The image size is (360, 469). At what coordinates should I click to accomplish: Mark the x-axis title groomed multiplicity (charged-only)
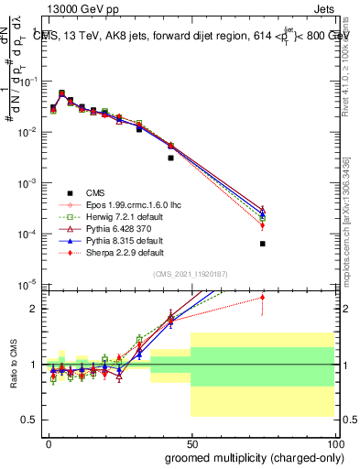coord(254,458)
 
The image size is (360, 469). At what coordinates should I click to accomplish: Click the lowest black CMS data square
coord(263,244)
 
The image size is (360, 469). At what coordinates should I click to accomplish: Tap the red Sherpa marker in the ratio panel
coord(263,297)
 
